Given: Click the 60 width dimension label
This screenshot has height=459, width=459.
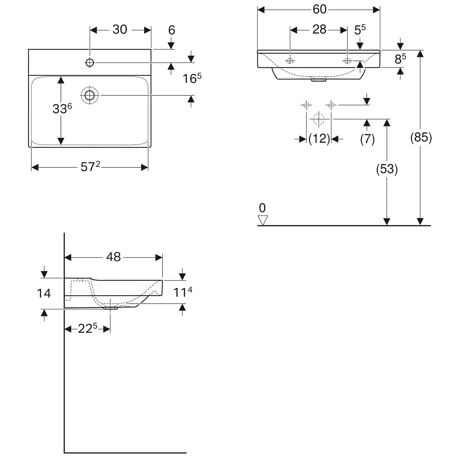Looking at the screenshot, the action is (x=319, y=9).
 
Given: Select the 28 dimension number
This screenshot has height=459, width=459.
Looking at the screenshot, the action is (x=319, y=30).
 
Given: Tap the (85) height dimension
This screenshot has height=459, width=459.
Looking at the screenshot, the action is (x=421, y=138).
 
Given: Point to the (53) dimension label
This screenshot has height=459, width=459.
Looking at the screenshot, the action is (x=387, y=169).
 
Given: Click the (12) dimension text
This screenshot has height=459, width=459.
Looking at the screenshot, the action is (x=319, y=139).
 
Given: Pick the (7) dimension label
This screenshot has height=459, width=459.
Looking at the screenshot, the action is (x=367, y=139).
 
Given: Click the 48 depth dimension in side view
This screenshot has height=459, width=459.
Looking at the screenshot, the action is (x=114, y=257).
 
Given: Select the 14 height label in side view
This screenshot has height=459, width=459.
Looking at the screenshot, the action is (x=44, y=293).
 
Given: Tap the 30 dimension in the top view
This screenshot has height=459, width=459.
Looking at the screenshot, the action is (x=120, y=30).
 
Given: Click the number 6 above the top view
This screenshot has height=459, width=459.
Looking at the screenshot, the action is (x=172, y=30).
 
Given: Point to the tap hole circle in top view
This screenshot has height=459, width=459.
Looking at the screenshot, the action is (x=90, y=62).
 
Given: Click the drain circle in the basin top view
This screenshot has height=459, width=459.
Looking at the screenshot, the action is (x=90, y=95).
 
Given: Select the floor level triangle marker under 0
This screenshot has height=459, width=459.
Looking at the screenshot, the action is (x=263, y=220).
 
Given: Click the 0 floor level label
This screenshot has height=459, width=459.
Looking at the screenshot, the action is (x=262, y=208).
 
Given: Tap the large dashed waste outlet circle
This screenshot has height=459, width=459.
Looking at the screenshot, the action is (x=319, y=119).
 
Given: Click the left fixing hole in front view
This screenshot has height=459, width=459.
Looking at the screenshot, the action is (x=290, y=61).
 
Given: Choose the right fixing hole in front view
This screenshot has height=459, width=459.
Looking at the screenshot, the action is (x=347, y=61).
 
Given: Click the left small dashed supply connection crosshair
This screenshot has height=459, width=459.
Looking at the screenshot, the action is (x=306, y=105).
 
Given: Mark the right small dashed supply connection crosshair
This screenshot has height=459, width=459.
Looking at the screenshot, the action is (x=331, y=105).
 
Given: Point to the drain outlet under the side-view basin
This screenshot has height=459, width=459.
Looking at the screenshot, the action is (x=110, y=308).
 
